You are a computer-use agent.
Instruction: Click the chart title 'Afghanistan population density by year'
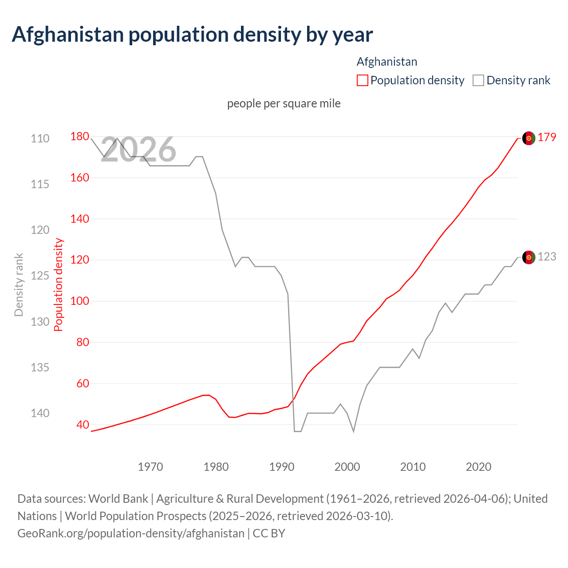tap(192, 35)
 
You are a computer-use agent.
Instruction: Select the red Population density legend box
tap(362, 80)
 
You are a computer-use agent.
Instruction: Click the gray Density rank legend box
tap(478, 80)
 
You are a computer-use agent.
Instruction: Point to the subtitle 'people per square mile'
tap(284, 103)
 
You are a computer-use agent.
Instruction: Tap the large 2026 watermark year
tap(138, 150)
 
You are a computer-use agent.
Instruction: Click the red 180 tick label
tap(79, 136)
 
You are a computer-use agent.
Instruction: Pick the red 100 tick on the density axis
tap(79, 301)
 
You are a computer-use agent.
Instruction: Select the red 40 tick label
tap(83, 425)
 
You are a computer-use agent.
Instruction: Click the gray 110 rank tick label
tap(40, 138)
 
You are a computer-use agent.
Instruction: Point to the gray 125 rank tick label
tap(40, 276)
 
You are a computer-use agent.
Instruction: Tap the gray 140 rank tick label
tap(40, 413)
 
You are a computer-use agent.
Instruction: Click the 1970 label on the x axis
tap(150, 467)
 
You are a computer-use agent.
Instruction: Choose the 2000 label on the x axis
tap(347, 467)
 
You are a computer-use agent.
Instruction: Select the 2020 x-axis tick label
tap(478, 467)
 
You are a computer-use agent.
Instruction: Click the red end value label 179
tap(547, 138)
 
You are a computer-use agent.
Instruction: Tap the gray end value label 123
tap(547, 257)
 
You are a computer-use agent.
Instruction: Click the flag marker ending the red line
tap(529, 138)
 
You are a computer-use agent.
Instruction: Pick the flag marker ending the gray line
tap(529, 257)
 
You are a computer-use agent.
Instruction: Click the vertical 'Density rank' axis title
tap(19, 284)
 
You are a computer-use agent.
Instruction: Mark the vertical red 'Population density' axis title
tap(59, 284)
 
